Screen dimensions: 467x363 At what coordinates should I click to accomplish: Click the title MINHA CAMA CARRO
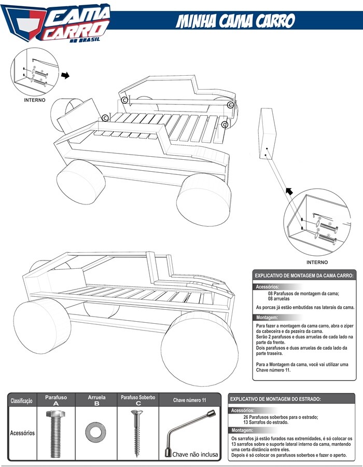[x=235, y=21]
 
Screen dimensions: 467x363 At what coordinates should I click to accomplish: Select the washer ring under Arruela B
[x=95, y=430]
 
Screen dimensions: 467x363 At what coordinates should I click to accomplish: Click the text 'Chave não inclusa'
[x=196, y=454]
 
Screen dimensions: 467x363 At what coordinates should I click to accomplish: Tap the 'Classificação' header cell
[x=21, y=401]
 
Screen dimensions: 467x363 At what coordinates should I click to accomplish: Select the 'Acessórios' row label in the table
[x=22, y=432]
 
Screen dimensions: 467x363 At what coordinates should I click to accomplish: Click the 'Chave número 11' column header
[x=190, y=401]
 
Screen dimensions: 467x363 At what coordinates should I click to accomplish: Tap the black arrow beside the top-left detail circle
[x=65, y=75]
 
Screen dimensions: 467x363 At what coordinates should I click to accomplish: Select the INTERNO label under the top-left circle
[x=35, y=100]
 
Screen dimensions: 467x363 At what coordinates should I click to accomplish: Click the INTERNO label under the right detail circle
[x=317, y=262]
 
